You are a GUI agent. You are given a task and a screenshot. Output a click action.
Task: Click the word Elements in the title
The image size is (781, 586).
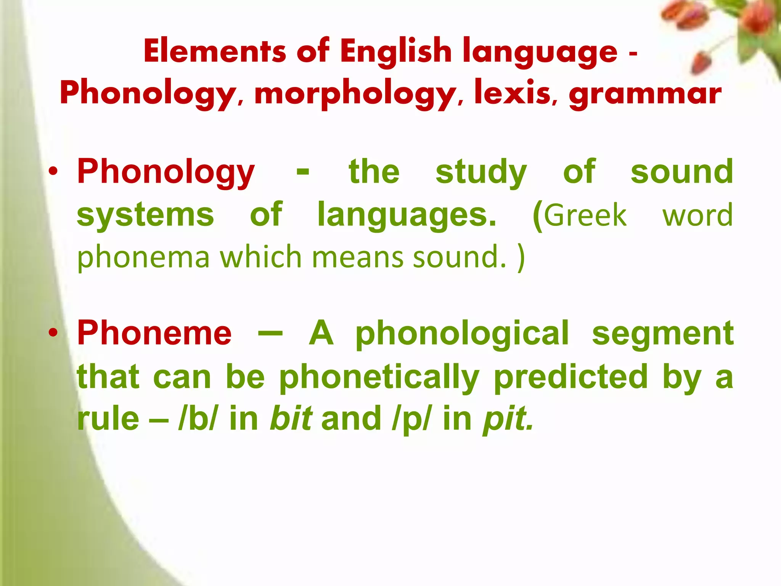click(x=215, y=52)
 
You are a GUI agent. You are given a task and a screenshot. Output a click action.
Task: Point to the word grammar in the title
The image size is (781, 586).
click(x=645, y=94)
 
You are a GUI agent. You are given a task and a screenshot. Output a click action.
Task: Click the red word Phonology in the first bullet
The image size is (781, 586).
click(x=166, y=172)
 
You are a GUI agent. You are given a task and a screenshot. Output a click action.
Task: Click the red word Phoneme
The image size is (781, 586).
click(x=154, y=333)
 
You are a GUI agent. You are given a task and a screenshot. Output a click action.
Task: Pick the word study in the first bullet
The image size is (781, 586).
click(x=481, y=172)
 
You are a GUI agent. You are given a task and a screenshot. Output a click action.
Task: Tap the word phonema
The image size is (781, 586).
click(x=143, y=258)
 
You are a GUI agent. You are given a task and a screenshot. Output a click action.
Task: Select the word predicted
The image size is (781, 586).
click(x=571, y=377)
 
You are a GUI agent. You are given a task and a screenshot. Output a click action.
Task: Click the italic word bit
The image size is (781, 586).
click(x=291, y=419)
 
